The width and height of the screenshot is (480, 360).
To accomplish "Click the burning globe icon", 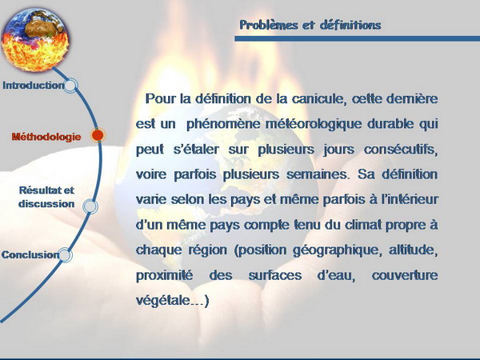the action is coord(35,40).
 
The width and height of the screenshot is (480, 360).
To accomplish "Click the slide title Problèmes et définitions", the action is coord(310,25).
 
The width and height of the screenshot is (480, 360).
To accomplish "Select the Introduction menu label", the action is coord(34,85).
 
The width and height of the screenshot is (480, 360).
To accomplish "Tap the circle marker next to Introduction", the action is coord(70,86).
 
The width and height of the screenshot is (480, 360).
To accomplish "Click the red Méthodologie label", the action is coord(46,137).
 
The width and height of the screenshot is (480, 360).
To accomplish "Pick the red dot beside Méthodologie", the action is coord(98,135).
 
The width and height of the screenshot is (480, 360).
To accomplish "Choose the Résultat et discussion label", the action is coord(46,197).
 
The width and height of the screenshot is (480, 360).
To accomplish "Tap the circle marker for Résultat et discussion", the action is coord(90,206).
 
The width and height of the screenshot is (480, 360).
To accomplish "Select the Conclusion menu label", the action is coord(30,254).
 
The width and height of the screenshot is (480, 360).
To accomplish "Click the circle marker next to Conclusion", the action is coord(65,255).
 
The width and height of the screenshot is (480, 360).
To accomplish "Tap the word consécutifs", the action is coord(401,150).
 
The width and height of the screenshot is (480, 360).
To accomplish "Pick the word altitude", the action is coord(414,250).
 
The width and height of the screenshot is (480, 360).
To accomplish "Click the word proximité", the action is coord(164,275).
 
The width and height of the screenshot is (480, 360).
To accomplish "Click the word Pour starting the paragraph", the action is coord(161,98).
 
